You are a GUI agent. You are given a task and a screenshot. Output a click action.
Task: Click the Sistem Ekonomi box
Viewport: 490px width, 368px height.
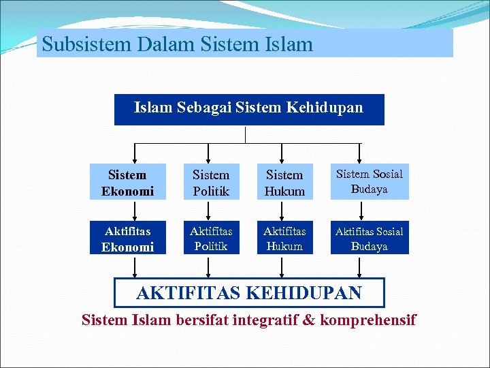point(127,183)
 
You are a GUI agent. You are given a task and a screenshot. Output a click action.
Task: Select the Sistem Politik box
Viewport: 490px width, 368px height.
point(211,183)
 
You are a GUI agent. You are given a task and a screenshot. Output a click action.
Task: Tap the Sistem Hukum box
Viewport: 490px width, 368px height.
point(284,183)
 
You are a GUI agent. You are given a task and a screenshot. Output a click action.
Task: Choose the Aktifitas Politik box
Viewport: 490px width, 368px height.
point(211,239)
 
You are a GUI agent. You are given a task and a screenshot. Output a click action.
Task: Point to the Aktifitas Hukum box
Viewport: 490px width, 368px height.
point(284,239)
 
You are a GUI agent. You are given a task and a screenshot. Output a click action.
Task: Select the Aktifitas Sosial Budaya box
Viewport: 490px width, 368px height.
point(369,239)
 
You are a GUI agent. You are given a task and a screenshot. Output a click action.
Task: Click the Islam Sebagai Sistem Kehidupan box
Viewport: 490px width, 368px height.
point(249,109)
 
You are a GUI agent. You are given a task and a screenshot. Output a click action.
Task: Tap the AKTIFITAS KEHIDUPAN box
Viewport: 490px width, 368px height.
point(249,293)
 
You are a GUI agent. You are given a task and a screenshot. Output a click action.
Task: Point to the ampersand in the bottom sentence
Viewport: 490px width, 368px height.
point(309,319)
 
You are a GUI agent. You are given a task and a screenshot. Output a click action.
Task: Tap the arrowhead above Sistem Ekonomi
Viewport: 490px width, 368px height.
point(135,159)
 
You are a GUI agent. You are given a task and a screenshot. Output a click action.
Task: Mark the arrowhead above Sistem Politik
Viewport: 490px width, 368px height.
point(208,159)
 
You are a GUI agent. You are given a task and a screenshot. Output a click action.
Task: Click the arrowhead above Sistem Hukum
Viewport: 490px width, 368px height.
point(283,159)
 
